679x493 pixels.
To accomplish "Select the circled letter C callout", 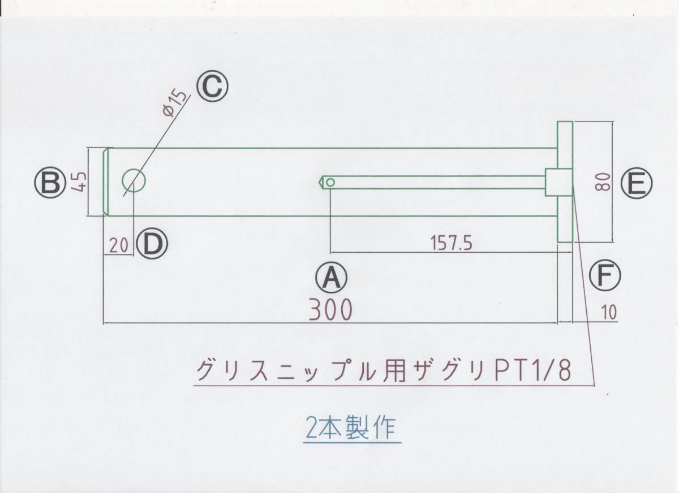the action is (212, 87).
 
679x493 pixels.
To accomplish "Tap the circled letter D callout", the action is (152, 244).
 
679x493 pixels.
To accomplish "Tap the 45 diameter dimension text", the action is (79, 183).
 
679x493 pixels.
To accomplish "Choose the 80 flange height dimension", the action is (604, 183).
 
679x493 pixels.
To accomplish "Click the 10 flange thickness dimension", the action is (605, 312).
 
